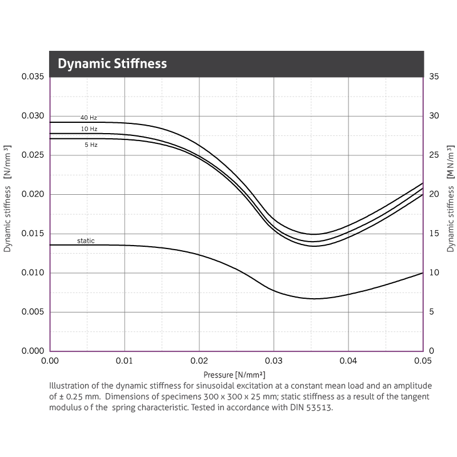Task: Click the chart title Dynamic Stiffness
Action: pos(112,63)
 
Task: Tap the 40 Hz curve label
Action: pos(89,118)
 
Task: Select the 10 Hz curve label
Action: pos(89,129)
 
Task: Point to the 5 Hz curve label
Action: pos(91,145)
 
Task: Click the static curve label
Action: pos(86,241)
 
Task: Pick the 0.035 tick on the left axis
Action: pos(33,77)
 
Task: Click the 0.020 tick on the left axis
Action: pos(33,194)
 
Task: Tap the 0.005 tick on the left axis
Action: pos(33,312)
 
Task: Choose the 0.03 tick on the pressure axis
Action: pos(274,361)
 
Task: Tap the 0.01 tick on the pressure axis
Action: pos(125,361)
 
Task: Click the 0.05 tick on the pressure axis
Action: pos(422,361)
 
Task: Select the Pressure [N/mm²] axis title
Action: pos(234,375)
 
